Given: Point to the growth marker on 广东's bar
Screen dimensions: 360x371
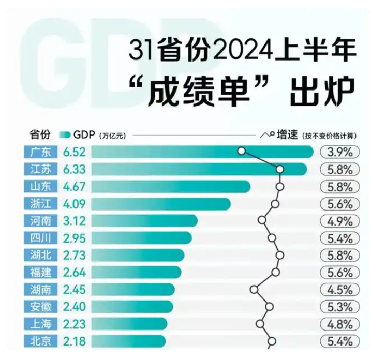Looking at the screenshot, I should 241,151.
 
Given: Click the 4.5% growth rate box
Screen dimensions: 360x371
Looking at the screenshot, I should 339,290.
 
